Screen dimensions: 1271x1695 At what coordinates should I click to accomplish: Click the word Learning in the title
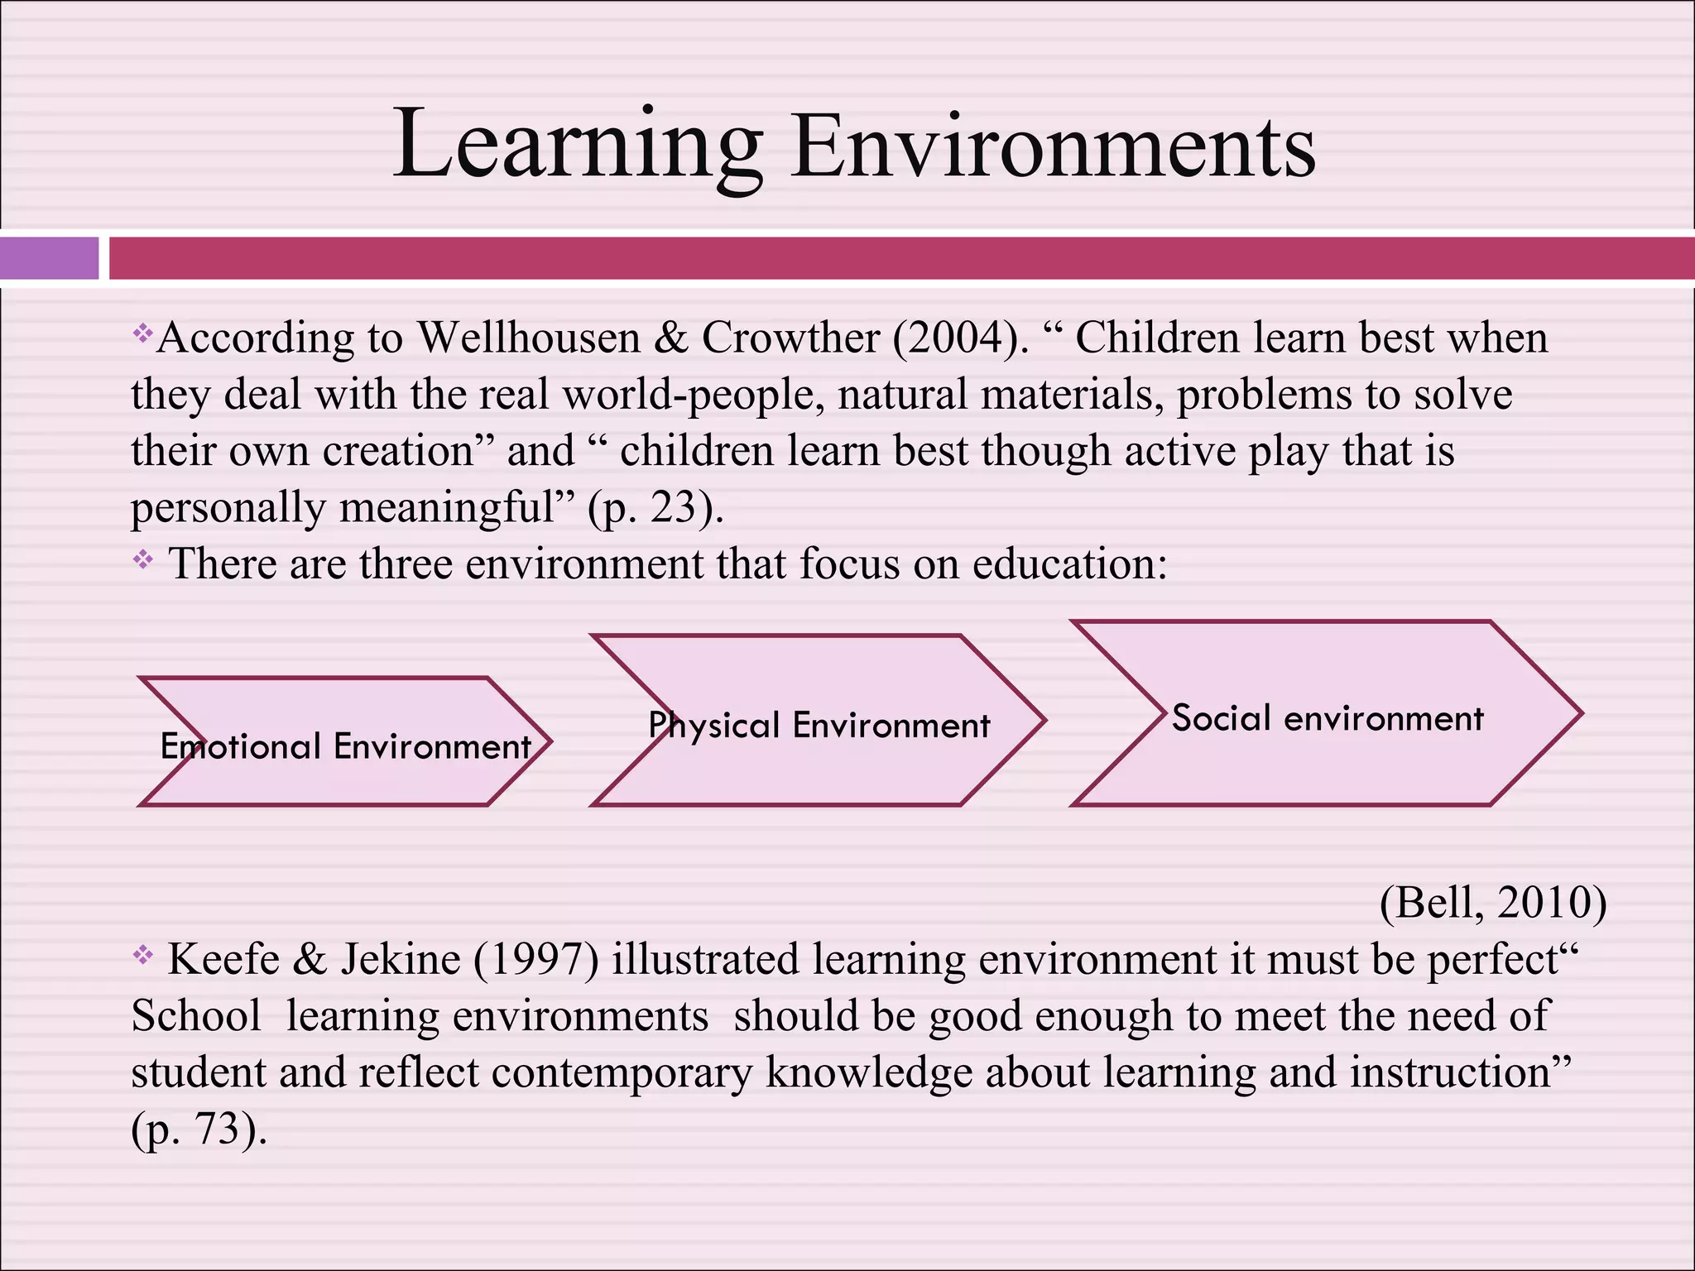click(x=577, y=145)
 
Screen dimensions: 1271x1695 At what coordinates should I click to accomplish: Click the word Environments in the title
click(x=1053, y=145)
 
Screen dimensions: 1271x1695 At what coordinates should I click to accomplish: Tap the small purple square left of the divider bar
click(x=49, y=257)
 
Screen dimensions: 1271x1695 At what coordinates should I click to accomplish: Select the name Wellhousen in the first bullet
click(x=529, y=338)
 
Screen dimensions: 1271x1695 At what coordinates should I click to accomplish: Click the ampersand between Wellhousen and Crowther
click(x=671, y=338)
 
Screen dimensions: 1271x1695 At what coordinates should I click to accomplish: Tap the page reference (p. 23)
click(x=655, y=507)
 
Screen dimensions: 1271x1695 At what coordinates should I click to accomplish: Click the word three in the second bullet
click(x=406, y=564)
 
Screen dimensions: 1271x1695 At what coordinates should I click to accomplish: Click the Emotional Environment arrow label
click(x=345, y=746)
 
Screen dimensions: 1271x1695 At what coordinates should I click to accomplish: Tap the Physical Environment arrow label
click(x=819, y=726)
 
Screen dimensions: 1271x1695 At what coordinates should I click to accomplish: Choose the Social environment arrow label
click(x=1328, y=718)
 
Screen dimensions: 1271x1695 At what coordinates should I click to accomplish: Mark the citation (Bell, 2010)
click(x=1493, y=902)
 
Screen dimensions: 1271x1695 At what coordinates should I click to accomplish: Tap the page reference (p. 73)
click(x=199, y=1129)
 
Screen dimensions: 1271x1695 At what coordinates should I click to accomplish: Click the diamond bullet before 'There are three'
click(x=143, y=560)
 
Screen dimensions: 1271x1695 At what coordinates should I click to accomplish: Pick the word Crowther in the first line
click(x=790, y=338)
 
